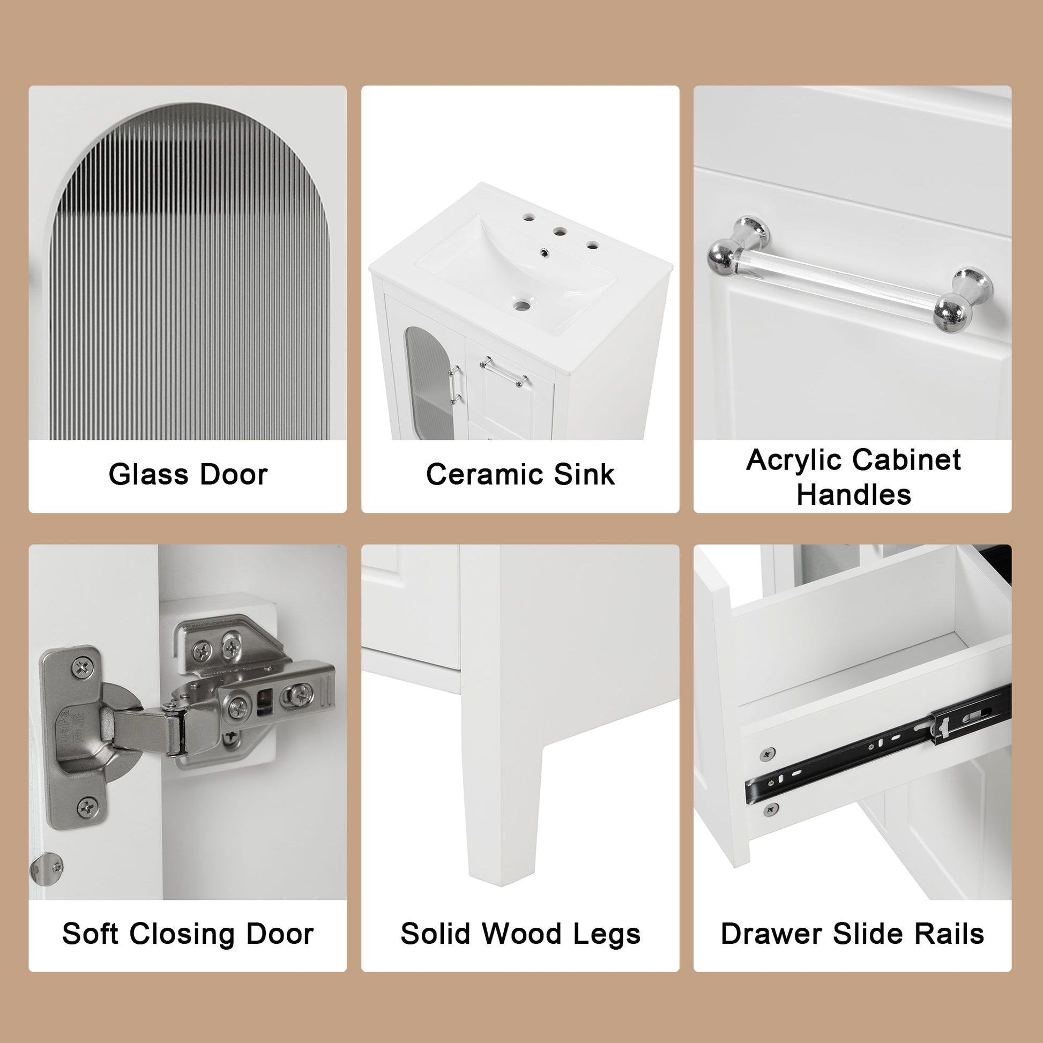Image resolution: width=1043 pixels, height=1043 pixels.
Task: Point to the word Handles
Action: pyautogui.click(x=853, y=494)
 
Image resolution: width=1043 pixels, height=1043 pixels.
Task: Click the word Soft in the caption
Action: pyautogui.click(x=90, y=934)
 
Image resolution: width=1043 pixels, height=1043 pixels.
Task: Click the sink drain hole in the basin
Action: pyautogui.click(x=521, y=306)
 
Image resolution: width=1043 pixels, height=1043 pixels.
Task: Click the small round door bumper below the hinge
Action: pyautogui.click(x=48, y=869)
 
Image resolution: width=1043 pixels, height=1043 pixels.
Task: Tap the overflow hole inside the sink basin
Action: pyautogui.click(x=544, y=251)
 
